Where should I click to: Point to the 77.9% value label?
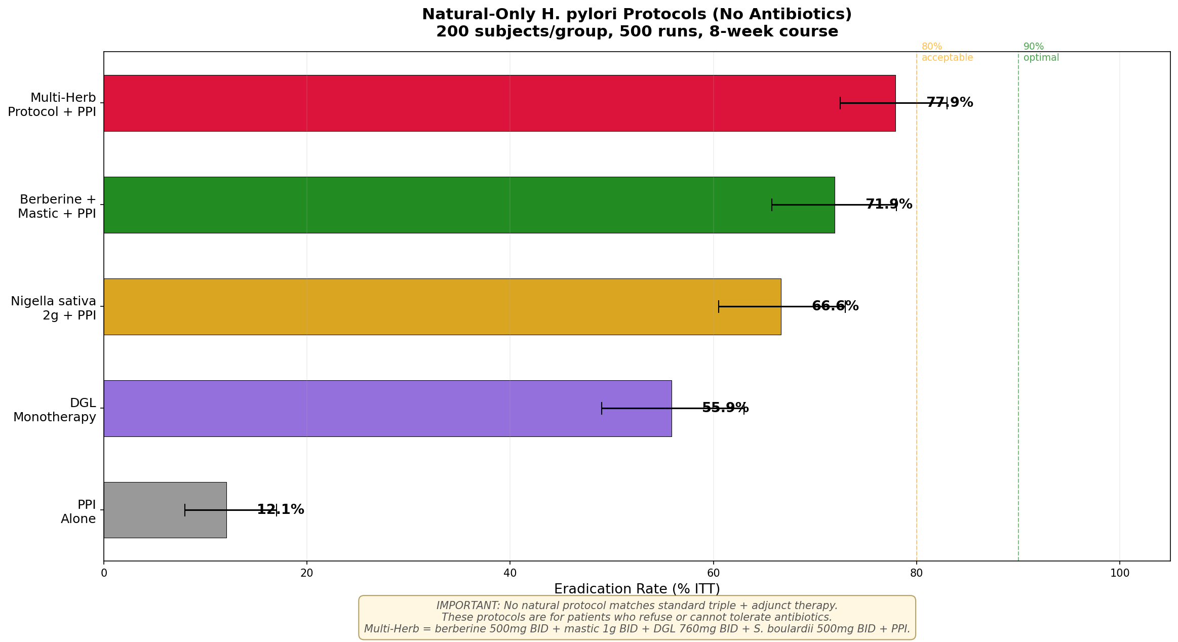pos(950,103)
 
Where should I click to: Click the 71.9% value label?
pos(889,205)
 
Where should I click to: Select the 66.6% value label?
pos(835,306)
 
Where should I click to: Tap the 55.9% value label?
pos(725,408)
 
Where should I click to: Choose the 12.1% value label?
pos(281,510)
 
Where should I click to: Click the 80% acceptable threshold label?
pos(947,52)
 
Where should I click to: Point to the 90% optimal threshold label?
pos(1041,52)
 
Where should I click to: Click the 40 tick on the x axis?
pos(510,573)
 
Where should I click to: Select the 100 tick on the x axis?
pos(1119,573)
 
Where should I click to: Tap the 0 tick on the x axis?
pos(104,573)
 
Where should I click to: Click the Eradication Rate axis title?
pos(637,589)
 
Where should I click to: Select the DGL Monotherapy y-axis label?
pos(55,410)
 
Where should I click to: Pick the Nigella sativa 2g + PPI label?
pos(54,308)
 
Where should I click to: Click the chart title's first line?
pos(637,15)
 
